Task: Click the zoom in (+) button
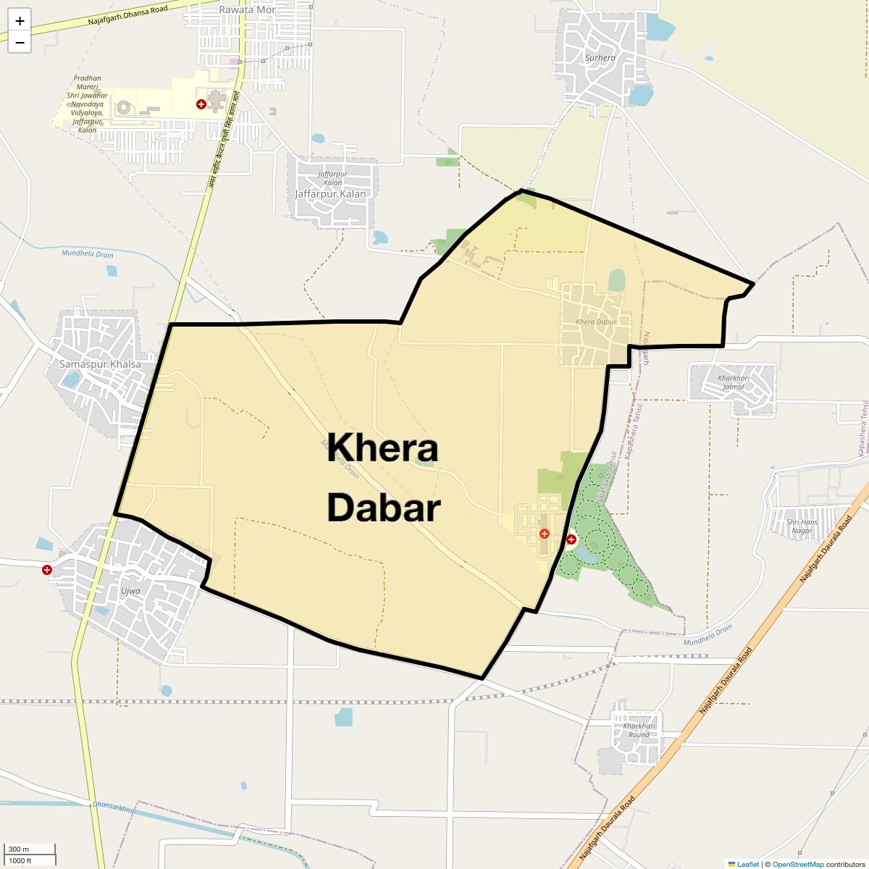point(20,21)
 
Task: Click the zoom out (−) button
point(20,43)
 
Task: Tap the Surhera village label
point(600,58)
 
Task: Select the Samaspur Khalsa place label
point(100,364)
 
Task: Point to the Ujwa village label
point(130,591)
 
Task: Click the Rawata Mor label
point(247,10)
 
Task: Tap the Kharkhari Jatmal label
point(733,382)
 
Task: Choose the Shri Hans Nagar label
point(802,526)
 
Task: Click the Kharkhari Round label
point(639,730)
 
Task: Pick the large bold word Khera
point(382,449)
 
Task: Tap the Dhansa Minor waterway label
point(114,807)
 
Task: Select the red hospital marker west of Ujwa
point(47,570)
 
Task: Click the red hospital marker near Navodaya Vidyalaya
point(201,104)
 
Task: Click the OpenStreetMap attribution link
point(797,864)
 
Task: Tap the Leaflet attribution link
point(748,864)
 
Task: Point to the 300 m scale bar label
point(19,849)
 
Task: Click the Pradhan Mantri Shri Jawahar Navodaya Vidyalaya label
point(87,104)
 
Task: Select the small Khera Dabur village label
point(596,322)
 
